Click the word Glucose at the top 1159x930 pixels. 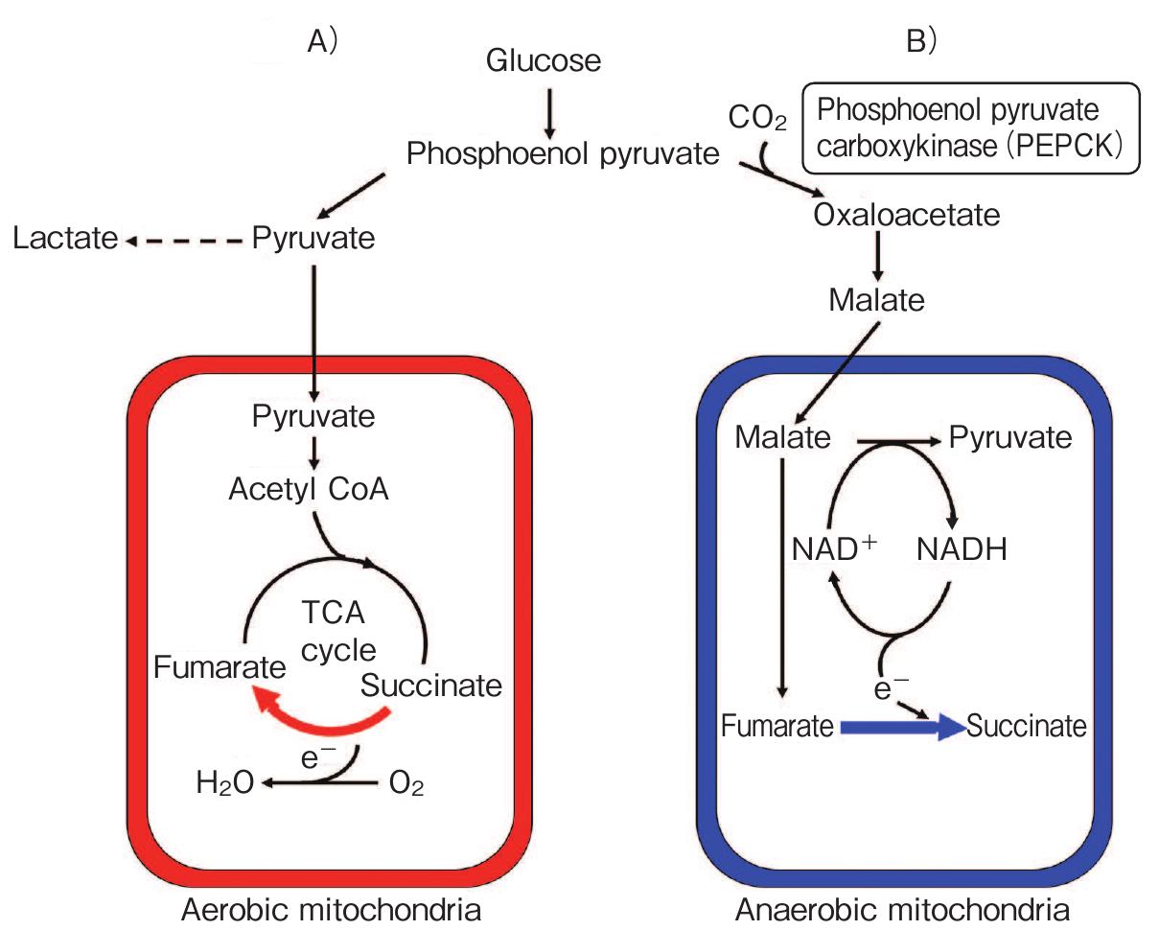[544, 61]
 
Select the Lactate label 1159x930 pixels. [65, 239]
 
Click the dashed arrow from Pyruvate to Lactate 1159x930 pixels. [187, 240]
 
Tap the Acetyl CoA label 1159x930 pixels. [309, 490]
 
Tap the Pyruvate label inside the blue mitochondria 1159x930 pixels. [1010, 438]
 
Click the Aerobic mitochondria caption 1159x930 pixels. [330, 907]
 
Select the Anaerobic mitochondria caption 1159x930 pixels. [902, 907]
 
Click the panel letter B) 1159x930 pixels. [919, 42]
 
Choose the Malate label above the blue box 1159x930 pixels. [876, 300]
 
